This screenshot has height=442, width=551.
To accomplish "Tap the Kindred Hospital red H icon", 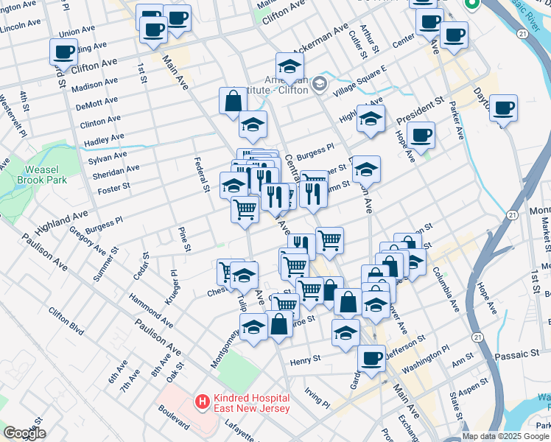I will tap(200, 401).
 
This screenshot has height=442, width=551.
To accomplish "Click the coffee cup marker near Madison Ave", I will tap(63, 52).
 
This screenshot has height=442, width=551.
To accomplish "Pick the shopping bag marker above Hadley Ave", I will tap(233, 101).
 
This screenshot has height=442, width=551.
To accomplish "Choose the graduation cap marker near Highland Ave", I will tap(371, 118).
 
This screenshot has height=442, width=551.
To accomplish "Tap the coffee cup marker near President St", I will tap(421, 135).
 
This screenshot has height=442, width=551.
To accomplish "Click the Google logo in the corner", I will tap(24, 433).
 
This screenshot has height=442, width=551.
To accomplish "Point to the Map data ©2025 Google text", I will tap(506, 436).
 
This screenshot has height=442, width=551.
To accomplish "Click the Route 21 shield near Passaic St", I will tap(478, 337).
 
